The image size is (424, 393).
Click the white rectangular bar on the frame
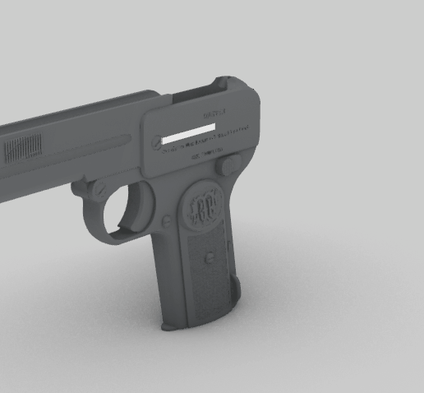point(189,134)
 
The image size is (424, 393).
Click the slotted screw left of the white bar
point(155,141)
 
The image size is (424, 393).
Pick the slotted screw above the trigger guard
point(98,188)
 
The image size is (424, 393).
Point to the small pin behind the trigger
point(167,220)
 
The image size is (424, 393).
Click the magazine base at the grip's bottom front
point(174,325)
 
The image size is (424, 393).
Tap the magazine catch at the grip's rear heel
point(237,288)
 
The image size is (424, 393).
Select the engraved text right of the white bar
point(233,129)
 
